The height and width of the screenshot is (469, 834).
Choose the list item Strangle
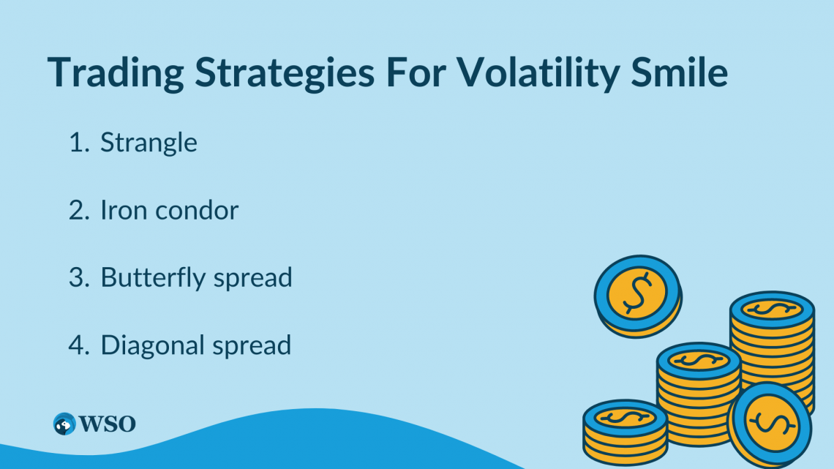click(149, 143)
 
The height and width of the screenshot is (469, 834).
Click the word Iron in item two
click(119, 211)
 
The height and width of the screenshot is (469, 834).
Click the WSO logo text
click(106, 424)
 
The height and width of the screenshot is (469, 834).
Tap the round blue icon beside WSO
click(64, 424)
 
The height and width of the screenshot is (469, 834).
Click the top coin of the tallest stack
click(771, 308)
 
